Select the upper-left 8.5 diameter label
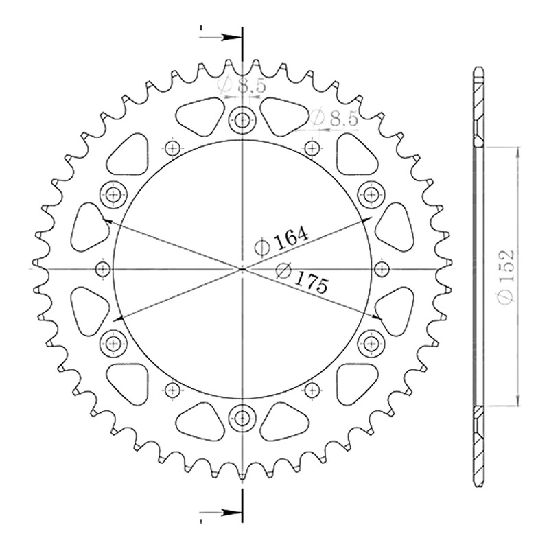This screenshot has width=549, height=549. [251, 86]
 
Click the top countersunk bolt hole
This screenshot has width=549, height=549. [242, 121]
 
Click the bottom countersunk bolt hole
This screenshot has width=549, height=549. [242, 417]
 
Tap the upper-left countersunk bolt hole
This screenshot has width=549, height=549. [113, 195]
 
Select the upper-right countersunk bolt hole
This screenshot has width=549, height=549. [371, 195]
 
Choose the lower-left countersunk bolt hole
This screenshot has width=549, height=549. [113, 344]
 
